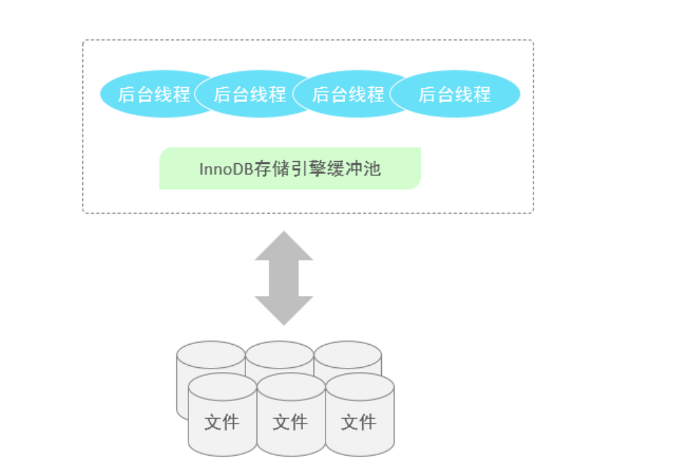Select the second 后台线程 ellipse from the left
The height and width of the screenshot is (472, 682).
point(250,94)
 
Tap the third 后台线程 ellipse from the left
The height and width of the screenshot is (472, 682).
point(348,94)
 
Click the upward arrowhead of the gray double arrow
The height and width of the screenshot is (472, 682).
point(283,247)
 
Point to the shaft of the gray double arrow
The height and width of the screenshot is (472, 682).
point(283,279)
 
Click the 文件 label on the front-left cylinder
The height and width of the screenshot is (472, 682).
point(222,422)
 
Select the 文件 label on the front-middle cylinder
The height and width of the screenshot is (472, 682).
point(290,422)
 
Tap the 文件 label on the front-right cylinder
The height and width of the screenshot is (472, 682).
point(359,422)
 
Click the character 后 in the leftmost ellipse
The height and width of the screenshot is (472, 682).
point(127,94)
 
